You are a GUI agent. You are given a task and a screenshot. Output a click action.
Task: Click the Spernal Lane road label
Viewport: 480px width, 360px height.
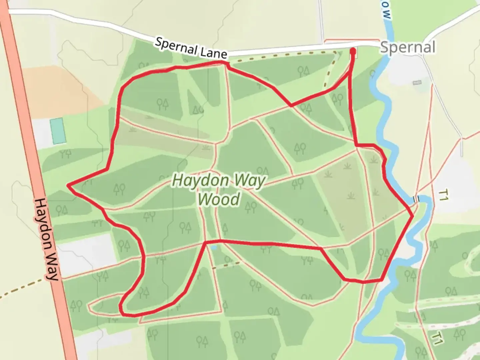click(191, 48)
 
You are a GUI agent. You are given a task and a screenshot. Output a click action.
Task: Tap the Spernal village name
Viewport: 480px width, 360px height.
click(408, 47)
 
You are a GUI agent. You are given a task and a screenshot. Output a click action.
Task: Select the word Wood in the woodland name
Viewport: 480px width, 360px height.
click(219, 199)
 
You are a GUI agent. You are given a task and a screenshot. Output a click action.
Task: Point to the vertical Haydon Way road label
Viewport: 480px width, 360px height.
click(46, 239)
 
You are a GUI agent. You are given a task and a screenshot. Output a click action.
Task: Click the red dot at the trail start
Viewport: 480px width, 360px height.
click(353, 51)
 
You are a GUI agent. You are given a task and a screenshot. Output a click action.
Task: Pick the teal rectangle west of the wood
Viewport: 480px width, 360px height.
click(58, 131)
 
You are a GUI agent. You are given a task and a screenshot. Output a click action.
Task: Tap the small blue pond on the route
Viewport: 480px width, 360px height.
click(214, 248)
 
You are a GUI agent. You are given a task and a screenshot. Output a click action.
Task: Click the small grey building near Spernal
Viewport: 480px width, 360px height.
click(417, 82)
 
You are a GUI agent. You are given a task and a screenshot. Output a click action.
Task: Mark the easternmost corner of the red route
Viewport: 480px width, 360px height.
click(413, 216)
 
